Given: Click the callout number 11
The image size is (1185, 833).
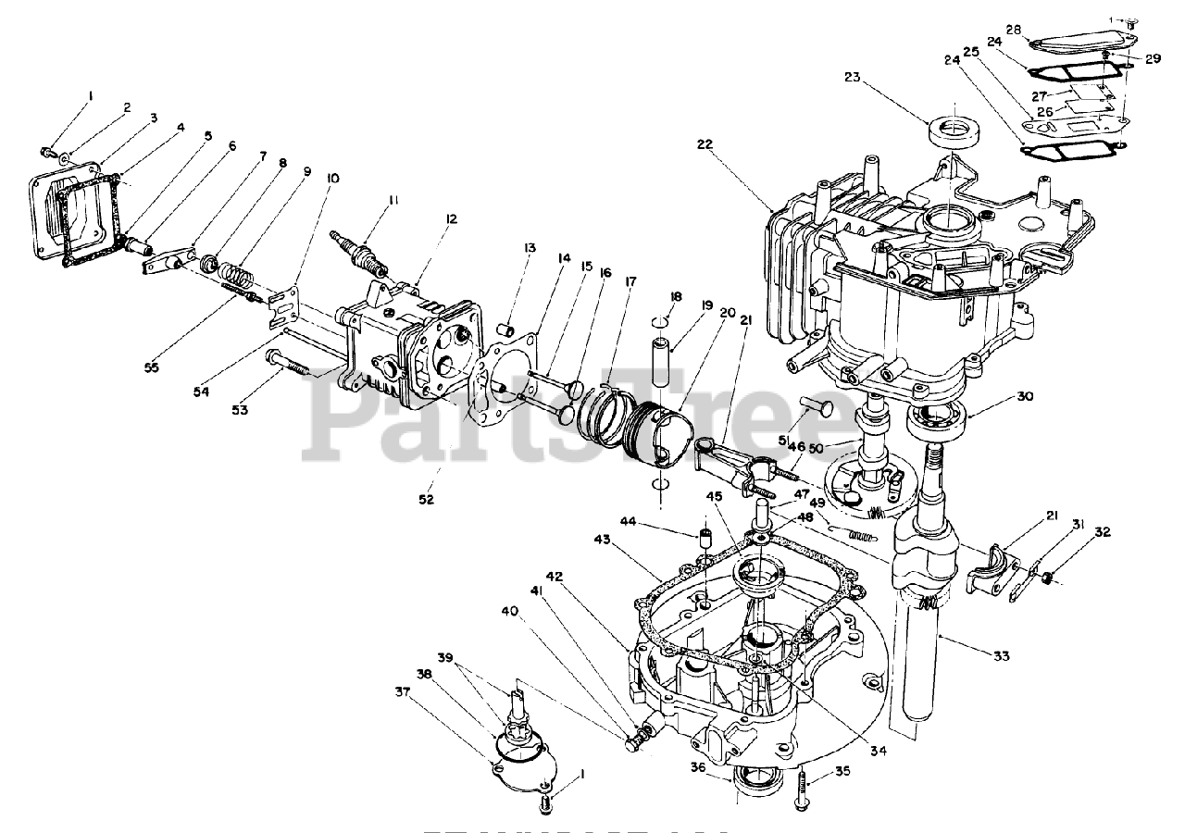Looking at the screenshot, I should (x=393, y=199).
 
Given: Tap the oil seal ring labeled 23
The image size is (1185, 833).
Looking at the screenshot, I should (x=951, y=129).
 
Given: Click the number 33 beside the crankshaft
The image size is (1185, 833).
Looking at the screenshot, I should (x=1001, y=656).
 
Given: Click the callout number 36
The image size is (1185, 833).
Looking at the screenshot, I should (x=696, y=766).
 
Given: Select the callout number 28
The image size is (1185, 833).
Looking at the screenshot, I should (x=1014, y=31).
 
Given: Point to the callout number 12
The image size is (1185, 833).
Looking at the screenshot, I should (x=451, y=219).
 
